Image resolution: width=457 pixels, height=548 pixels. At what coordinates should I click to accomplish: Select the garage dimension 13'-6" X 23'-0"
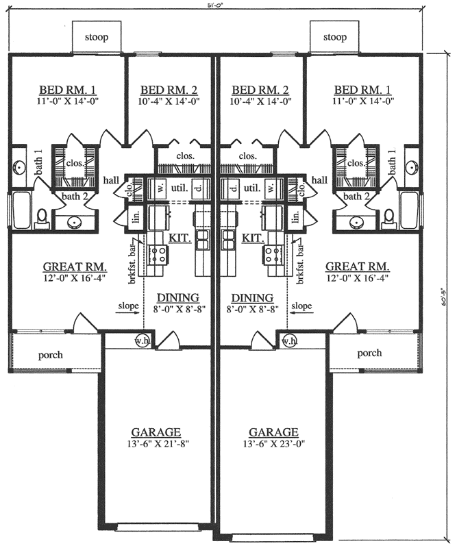click(x=273, y=443)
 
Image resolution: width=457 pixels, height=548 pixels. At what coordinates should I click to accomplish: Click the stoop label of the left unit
click(x=97, y=36)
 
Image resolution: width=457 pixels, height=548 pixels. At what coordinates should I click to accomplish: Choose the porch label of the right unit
click(x=369, y=353)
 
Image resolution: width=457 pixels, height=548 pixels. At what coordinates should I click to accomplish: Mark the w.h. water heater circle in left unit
click(x=143, y=340)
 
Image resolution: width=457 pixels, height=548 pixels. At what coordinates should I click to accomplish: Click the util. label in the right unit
click(x=251, y=186)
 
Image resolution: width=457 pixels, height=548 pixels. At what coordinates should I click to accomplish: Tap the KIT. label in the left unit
click(x=180, y=237)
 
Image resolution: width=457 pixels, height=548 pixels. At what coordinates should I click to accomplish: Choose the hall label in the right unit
click(x=319, y=179)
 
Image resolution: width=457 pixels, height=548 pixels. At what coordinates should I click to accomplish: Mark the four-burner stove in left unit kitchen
click(x=159, y=256)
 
